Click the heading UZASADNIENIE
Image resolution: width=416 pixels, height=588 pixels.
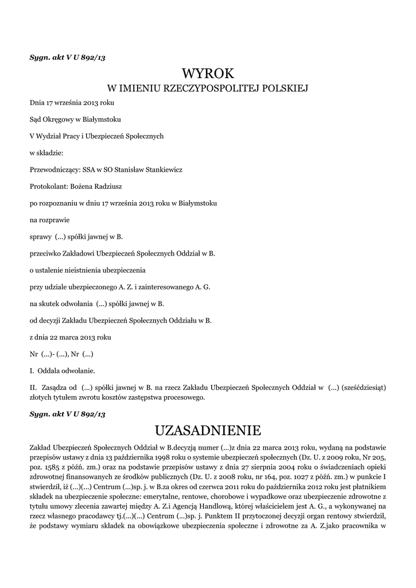tap(208, 430)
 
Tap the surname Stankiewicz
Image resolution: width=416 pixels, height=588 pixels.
tap(162, 169)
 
